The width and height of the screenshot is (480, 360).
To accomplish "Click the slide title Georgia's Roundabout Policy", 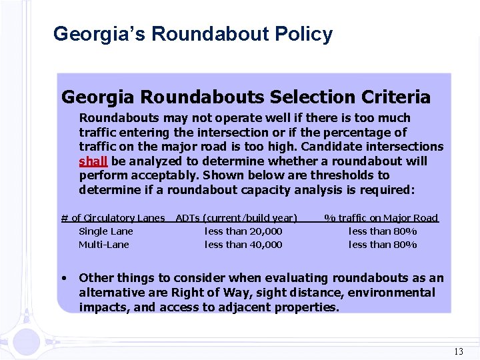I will tap(193, 34).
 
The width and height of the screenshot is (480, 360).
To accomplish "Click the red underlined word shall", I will tap(93, 161).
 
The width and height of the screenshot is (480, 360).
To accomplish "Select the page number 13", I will tap(458, 351).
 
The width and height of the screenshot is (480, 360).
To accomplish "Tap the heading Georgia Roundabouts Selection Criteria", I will tap(245, 97).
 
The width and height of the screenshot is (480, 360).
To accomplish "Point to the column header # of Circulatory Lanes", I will tap(113, 218).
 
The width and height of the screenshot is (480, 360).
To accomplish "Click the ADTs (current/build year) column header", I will tap(236, 218).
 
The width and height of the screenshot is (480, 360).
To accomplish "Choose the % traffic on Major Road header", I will tap(381, 218).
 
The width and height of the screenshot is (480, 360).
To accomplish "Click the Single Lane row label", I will tap(105, 231).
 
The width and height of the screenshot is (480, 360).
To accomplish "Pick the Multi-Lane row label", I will tap(104, 245).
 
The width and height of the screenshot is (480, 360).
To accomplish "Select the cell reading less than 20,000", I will tap(243, 231).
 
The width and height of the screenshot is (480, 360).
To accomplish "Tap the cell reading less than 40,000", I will tap(243, 245).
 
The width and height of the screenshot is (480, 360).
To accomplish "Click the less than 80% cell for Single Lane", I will tap(383, 231).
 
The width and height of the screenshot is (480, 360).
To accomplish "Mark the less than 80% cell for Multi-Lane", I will tap(383, 245).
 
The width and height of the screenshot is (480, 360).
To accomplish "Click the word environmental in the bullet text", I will tap(394, 293).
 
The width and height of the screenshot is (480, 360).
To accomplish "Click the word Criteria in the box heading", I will tap(397, 97).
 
